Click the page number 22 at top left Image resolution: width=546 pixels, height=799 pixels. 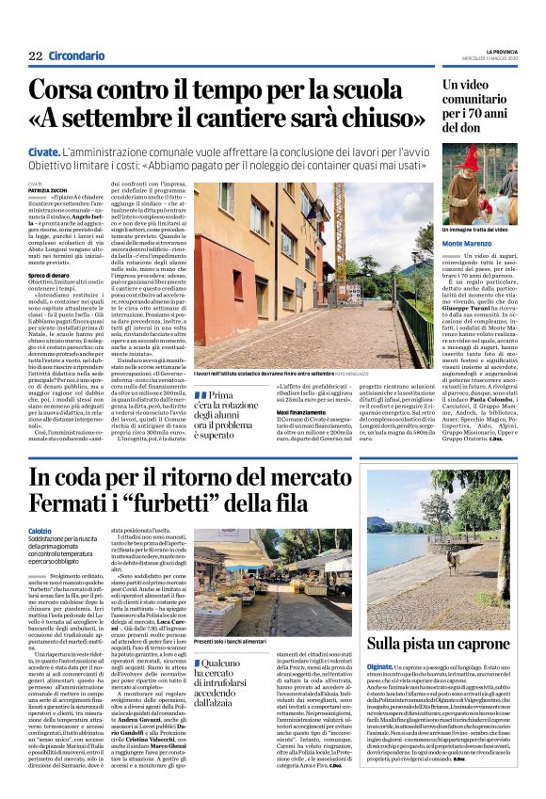coord(36,56)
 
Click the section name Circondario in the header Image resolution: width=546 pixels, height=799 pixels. coord(76,56)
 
